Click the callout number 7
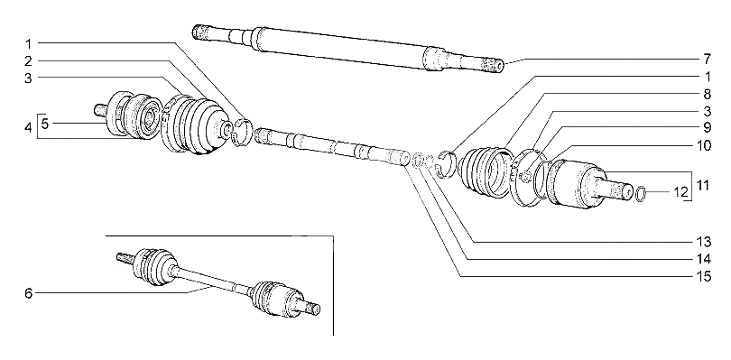(x=707, y=60)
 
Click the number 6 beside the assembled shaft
(x=29, y=293)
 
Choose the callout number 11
(x=702, y=185)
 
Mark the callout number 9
(x=707, y=127)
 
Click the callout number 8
(x=707, y=95)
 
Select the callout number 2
(x=29, y=60)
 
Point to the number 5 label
(x=45, y=124)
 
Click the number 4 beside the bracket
(x=29, y=127)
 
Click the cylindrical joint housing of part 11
(x=576, y=183)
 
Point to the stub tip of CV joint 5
(x=99, y=110)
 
